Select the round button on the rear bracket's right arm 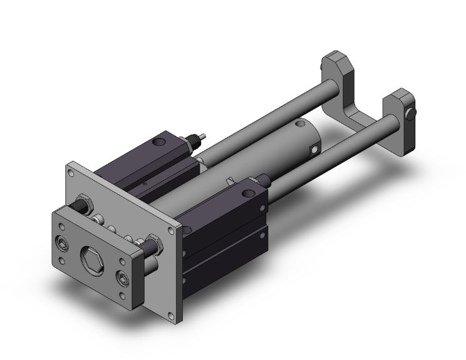click(411, 113)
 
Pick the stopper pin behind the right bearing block click(266, 179)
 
